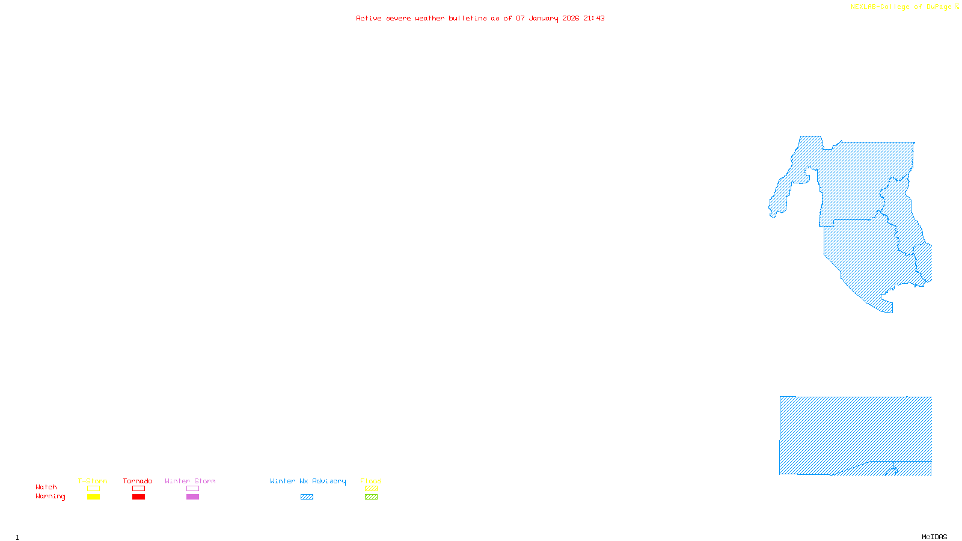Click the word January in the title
(543, 18)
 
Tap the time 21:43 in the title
(593, 18)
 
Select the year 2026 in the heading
(571, 18)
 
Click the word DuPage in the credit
(939, 7)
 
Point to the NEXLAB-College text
(880, 7)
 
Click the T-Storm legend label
(93, 481)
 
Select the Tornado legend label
(138, 481)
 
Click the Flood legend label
(371, 481)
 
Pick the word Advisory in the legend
(329, 481)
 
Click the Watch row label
(46, 487)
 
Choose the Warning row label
(51, 497)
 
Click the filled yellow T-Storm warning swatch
(93, 497)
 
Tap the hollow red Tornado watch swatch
(138, 489)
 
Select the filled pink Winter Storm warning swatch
(192, 497)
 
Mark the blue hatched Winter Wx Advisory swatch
(307, 497)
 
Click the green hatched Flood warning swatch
(371, 497)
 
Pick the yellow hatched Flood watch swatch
(371, 489)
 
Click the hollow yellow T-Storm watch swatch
(93, 489)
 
